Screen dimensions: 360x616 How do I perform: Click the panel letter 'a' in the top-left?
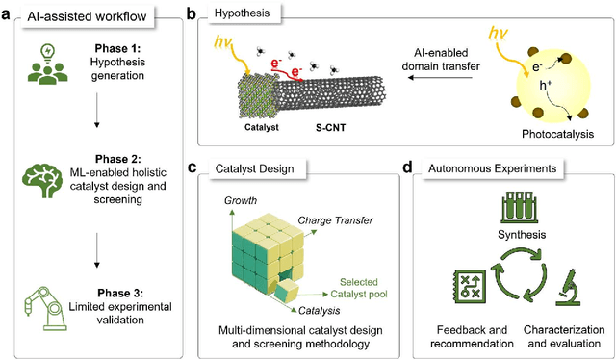pos(8,13)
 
